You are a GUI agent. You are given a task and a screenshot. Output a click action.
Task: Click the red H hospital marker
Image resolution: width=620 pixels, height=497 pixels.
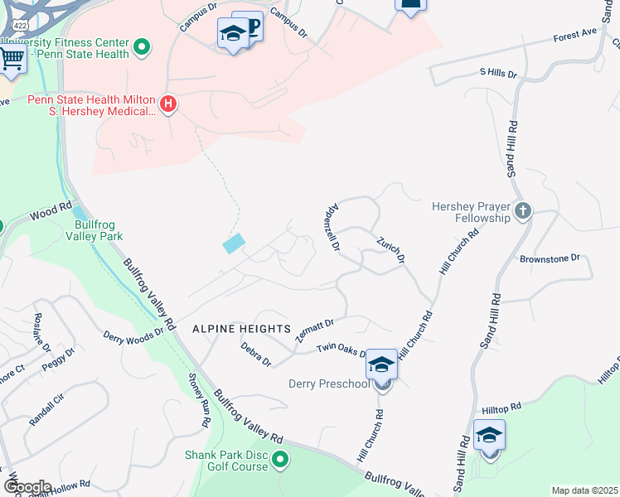pos(168,104)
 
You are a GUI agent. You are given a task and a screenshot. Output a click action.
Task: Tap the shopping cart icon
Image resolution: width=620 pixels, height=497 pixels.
pos(11,58)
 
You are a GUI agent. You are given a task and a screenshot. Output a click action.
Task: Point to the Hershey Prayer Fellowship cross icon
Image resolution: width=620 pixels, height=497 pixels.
pos(521,211)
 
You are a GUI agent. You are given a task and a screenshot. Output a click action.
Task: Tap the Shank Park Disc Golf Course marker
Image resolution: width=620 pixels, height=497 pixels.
pos(281,459)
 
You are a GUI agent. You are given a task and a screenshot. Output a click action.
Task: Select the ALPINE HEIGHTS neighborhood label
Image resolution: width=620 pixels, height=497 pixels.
pos(241,328)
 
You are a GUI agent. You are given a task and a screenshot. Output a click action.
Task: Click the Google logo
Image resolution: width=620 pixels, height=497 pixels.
pos(27,486)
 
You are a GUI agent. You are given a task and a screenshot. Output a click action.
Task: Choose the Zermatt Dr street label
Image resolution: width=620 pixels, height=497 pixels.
pos(314,331)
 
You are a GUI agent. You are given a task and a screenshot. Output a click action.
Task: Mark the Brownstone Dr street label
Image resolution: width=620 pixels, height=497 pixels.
pos(555,258)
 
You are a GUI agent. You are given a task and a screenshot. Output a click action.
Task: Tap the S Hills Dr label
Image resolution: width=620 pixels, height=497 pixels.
pos(497,74)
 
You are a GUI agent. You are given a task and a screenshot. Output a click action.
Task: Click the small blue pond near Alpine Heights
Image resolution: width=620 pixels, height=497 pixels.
pos(234,244)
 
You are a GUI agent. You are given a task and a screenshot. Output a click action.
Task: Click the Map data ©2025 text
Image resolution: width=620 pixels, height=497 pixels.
pos(584,490)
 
